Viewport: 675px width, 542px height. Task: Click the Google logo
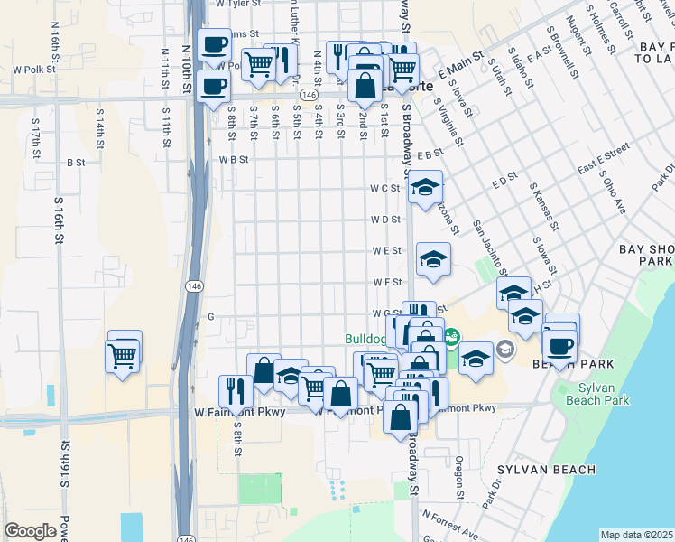click(31, 531)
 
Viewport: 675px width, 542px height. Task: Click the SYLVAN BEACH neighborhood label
click(545, 470)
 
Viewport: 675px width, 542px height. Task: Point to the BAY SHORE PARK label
click(646, 255)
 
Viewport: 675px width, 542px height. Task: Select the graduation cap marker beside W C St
click(425, 188)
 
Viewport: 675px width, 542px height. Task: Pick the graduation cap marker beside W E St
click(433, 260)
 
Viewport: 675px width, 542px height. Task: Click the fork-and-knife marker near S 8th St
click(236, 390)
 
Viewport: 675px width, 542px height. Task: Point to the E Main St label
click(456, 67)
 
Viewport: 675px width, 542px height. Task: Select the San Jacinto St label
click(487, 245)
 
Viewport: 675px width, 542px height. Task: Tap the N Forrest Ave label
click(448, 522)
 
